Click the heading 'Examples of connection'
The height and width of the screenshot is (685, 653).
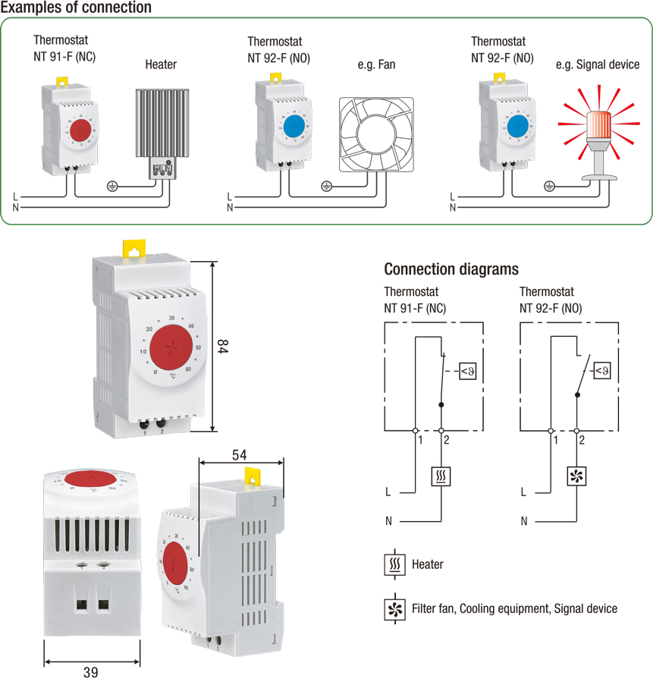76,8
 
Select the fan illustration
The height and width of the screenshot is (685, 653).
375,136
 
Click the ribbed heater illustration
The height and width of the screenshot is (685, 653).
160,125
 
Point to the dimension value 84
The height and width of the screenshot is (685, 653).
223,347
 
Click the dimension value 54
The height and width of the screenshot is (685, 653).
240,455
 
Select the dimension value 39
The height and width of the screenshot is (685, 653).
91,672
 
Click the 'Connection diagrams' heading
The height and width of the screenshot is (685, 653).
451,269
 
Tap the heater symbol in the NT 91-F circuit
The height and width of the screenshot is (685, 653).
441,476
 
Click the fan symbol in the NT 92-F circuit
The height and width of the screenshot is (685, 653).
577,476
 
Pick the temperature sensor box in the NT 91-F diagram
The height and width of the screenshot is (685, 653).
467,371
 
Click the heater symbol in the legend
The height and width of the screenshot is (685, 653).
394,565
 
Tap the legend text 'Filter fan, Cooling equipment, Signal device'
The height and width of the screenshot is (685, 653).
514,608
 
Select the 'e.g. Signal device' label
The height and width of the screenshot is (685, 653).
597,65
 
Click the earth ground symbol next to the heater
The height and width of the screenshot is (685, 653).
112,185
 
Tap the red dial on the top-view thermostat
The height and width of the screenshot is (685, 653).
89,478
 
